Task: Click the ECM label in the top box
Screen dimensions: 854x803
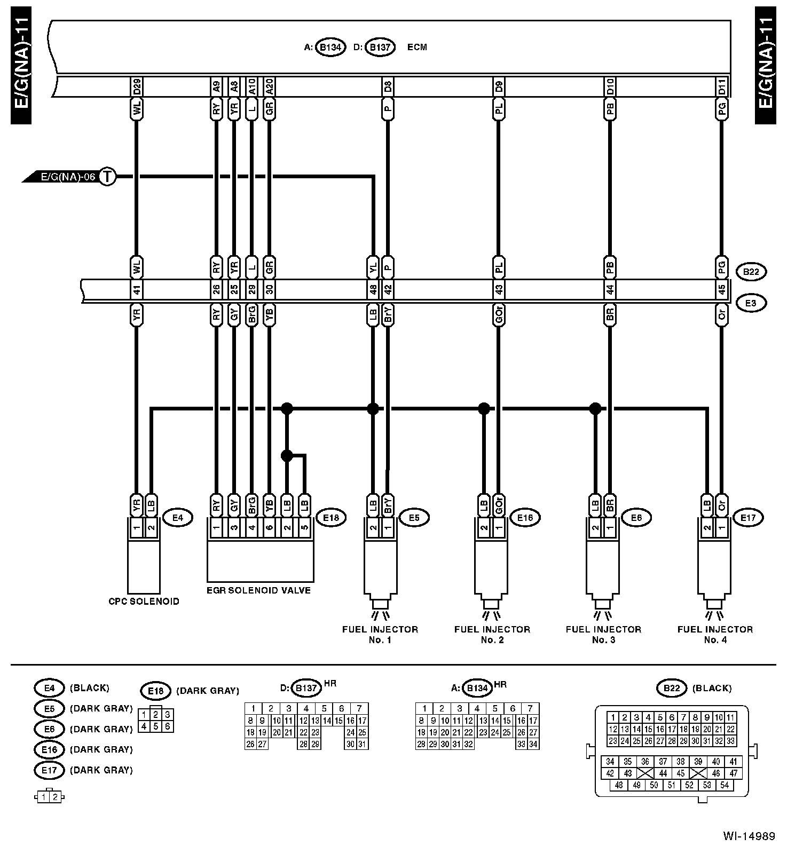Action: (417, 47)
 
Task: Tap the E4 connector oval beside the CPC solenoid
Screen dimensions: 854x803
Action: (177, 517)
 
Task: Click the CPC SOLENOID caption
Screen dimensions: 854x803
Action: (144, 601)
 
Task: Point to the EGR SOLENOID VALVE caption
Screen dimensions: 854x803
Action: (258, 590)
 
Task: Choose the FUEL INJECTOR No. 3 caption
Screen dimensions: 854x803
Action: (603, 634)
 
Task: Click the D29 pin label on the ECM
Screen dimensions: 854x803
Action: (137, 86)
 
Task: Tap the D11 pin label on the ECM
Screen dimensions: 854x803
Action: (721, 86)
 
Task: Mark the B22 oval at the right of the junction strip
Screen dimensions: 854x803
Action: (751, 272)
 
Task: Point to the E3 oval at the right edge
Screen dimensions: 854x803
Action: (751, 303)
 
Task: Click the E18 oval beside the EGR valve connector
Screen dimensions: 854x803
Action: (331, 517)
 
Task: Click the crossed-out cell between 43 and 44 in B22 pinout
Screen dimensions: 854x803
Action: (645, 773)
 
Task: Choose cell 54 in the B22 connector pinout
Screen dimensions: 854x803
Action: (725, 785)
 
